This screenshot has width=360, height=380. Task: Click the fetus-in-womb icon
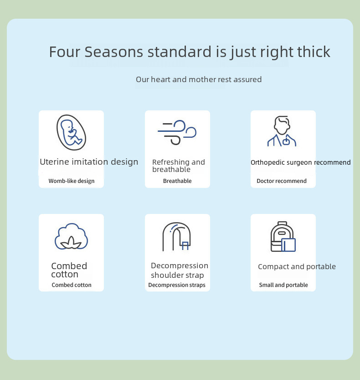click(x=71, y=132)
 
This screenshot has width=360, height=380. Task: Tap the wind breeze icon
click(x=177, y=132)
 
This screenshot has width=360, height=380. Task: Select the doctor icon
click(x=282, y=131)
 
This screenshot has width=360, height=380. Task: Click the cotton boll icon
click(x=71, y=236)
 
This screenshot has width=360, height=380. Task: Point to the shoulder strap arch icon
click(x=176, y=236)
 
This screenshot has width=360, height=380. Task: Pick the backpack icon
click(x=283, y=237)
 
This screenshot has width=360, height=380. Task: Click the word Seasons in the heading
click(x=114, y=52)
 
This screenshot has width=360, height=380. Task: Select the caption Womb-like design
click(x=72, y=181)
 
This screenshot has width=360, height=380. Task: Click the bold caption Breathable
click(x=177, y=181)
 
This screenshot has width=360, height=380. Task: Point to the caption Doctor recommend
click(x=282, y=181)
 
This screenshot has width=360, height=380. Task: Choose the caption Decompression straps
click(x=177, y=285)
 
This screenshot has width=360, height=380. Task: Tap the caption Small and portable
click(x=283, y=285)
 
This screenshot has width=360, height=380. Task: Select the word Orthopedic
click(x=267, y=162)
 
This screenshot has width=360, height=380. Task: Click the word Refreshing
click(x=171, y=162)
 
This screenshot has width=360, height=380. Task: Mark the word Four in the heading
click(x=65, y=52)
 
